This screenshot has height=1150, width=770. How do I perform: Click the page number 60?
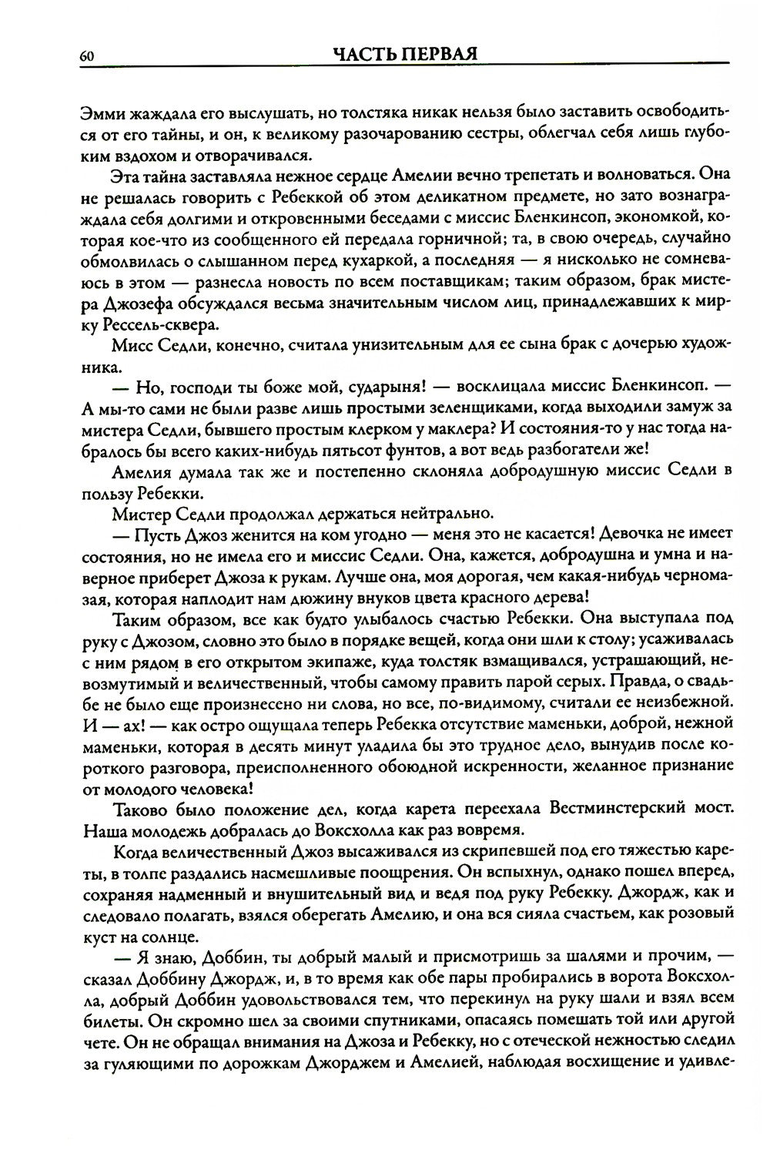pyautogui.click(x=85, y=55)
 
